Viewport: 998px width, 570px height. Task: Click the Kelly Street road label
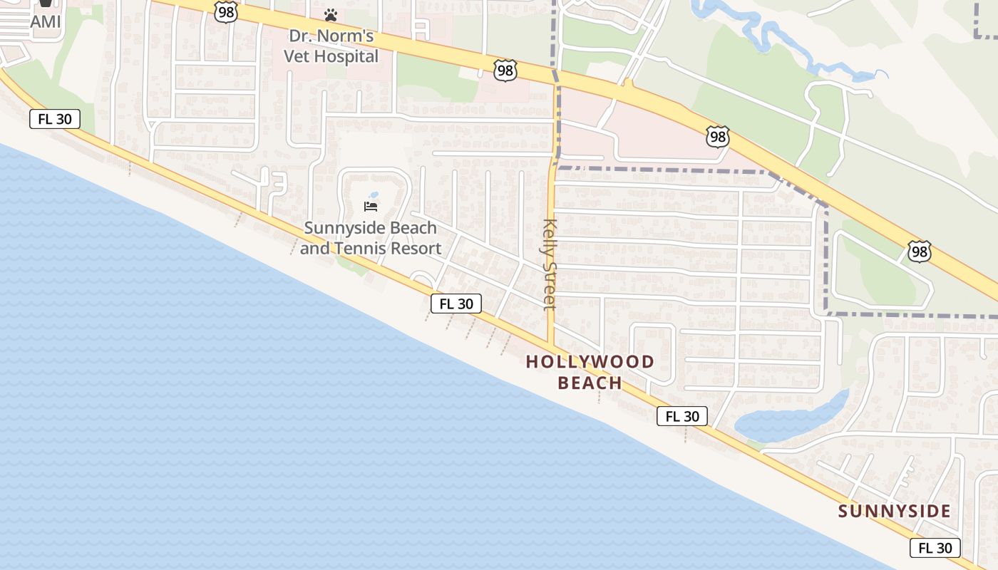coord(549,264)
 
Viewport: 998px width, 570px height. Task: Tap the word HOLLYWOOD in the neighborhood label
coord(590,362)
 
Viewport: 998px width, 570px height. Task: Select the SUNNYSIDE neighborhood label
coord(894,512)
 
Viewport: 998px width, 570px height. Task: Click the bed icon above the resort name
coord(371,207)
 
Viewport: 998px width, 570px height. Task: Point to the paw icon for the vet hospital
coord(330,14)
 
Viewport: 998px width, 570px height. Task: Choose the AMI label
coord(46,22)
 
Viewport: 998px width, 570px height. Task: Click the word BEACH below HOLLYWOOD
coord(590,383)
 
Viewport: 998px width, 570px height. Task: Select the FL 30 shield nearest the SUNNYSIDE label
coord(935,548)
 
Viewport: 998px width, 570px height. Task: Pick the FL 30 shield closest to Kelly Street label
coord(456,304)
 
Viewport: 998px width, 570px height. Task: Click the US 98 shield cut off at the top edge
coord(225,10)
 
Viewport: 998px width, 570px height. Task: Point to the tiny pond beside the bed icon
coord(374,195)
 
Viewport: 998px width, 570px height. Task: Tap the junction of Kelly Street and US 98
coord(555,78)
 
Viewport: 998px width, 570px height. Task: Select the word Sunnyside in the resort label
coord(339,228)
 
